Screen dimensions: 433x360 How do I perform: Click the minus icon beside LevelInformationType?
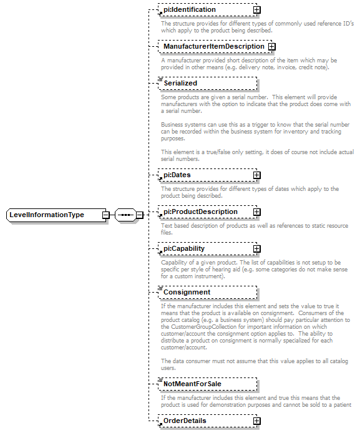click(x=106, y=215)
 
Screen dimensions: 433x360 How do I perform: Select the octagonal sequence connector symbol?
click(x=125, y=215)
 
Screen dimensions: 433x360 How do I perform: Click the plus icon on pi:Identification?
click(x=256, y=10)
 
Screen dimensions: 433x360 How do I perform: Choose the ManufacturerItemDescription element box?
click(x=212, y=47)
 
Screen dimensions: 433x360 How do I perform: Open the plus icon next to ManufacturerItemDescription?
click(x=271, y=47)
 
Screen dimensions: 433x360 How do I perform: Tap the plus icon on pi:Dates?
click(x=256, y=175)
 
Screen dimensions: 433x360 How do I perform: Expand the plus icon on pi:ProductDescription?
click(x=256, y=212)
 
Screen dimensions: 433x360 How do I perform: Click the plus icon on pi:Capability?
click(x=256, y=249)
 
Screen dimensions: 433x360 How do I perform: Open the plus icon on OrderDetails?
click(x=256, y=421)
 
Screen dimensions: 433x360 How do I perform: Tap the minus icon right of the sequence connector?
click(x=140, y=215)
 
